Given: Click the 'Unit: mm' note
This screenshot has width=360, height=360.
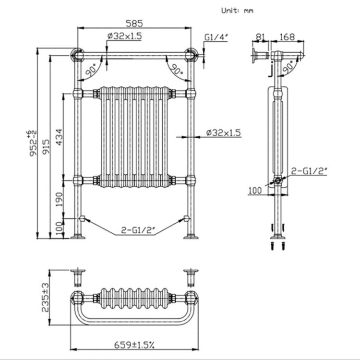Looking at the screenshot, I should [x=237, y=10].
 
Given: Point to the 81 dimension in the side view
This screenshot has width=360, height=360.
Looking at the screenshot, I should [x=261, y=36].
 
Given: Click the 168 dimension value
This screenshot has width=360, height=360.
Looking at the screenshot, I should [x=287, y=36].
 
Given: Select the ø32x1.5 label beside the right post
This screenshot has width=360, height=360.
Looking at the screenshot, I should [x=223, y=132].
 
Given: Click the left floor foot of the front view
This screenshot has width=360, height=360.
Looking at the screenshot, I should [x=77, y=236].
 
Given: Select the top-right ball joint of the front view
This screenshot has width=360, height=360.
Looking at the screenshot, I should [x=192, y=55].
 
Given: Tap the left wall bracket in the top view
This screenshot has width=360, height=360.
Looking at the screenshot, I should [x=77, y=277].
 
